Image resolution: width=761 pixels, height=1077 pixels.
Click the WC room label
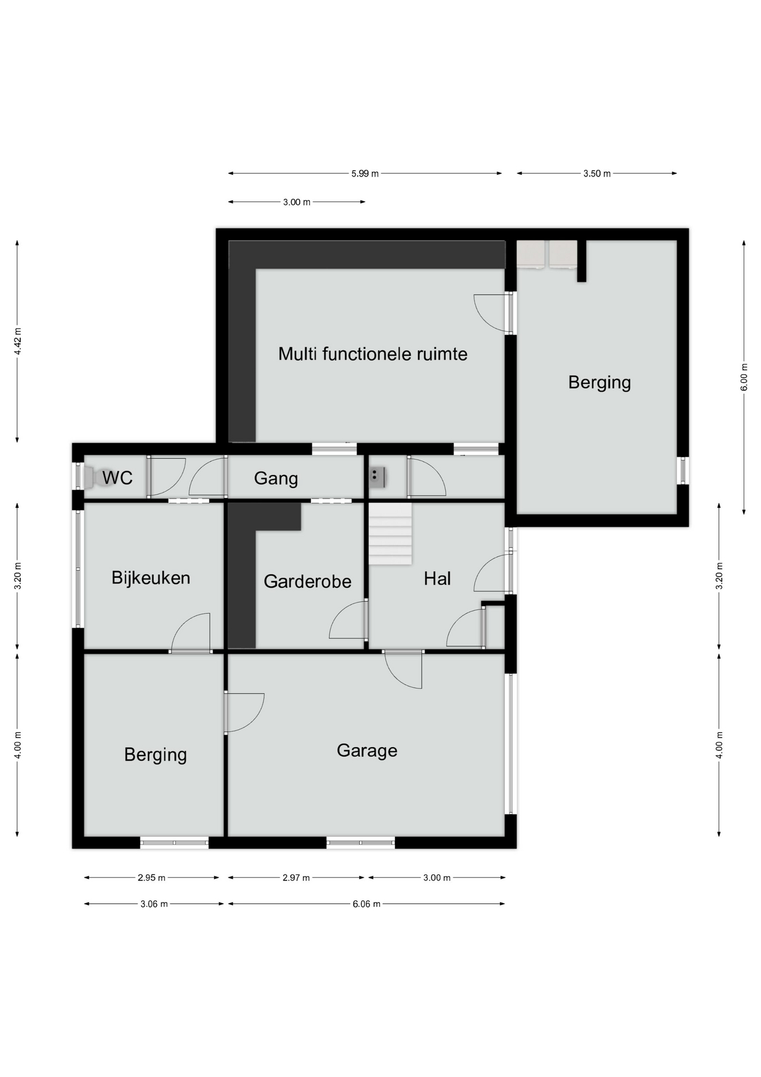(117, 478)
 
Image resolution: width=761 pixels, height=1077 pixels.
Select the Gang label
(276, 478)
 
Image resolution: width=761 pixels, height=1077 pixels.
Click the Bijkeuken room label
(151, 578)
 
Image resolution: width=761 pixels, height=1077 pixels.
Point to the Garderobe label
(308, 581)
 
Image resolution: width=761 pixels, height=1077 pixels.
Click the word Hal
(437, 578)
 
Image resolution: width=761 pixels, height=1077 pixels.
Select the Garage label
(367, 751)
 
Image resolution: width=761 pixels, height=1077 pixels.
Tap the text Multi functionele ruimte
(373, 354)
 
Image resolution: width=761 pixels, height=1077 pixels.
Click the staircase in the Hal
(390, 533)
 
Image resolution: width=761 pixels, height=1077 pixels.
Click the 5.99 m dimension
(365, 174)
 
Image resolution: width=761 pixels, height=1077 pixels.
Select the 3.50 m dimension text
(597, 174)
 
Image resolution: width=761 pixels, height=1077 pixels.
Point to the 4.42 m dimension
(18, 340)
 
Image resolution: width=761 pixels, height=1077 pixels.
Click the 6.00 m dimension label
(744, 377)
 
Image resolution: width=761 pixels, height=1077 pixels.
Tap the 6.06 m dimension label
(366, 904)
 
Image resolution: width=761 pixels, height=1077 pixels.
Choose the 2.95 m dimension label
(151, 877)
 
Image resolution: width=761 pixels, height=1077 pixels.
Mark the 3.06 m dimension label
(154, 904)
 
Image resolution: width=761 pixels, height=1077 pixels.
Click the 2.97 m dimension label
(296, 877)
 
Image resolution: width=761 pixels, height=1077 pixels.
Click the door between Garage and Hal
(403, 669)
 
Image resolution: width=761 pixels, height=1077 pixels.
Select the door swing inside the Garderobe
(348, 620)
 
